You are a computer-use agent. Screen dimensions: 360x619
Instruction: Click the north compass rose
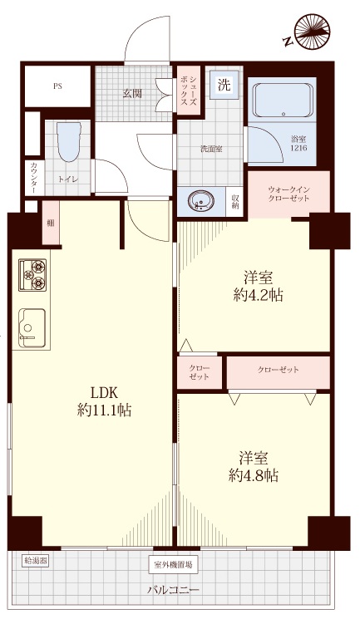(x=312, y=32)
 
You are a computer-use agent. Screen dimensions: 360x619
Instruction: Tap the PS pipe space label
(x=57, y=86)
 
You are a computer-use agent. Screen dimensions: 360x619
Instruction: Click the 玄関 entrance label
(x=132, y=94)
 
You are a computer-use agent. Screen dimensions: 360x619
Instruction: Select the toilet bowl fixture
(x=69, y=142)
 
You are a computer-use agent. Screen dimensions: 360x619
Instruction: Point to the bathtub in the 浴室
(x=283, y=101)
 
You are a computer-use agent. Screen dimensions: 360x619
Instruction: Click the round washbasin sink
(x=201, y=202)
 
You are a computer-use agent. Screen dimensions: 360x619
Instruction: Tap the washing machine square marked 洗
(x=224, y=85)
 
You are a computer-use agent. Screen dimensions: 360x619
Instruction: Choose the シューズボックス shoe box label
(x=189, y=91)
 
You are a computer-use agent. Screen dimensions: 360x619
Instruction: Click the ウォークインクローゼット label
(x=288, y=194)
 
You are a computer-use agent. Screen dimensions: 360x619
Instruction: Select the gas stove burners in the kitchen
(x=32, y=275)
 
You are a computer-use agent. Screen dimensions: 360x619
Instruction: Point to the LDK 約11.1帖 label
(x=104, y=402)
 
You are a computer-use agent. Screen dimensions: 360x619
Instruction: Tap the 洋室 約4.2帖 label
(x=258, y=286)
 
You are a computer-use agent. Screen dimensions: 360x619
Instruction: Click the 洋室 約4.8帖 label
(x=254, y=467)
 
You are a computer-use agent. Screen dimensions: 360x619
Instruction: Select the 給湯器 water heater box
(x=36, y=561)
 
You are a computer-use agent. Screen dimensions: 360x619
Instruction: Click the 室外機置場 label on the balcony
(x=173, y=565)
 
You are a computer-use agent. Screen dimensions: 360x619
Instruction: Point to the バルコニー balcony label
(x=173, y=590)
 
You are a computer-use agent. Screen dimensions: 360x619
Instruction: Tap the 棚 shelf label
(x=51, y=223)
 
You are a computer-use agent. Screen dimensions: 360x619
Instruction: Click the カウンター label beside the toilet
(x=33, y=178)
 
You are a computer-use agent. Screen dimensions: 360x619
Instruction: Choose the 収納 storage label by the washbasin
(x=234, y=202)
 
